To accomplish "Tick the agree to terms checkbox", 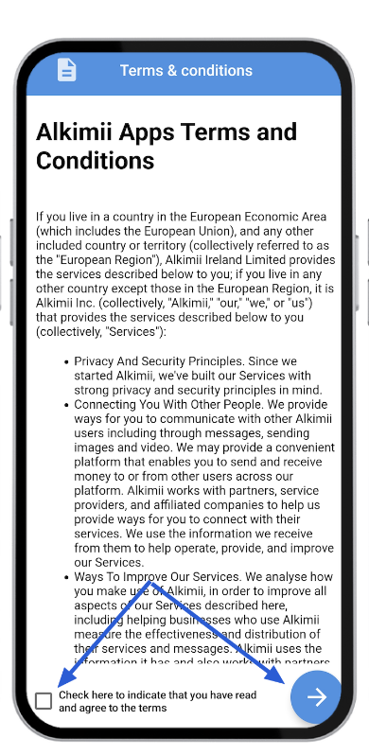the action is [44, 701].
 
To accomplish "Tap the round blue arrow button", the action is [315, 697].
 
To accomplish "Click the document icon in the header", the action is [66, 70].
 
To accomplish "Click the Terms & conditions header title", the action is [185, 71].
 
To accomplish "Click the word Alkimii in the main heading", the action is [78, 132].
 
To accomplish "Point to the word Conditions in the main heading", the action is [95, 161].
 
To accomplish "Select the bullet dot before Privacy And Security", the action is [64, 361].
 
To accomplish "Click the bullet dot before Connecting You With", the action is [64, 405].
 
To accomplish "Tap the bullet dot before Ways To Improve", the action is [64, 575].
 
